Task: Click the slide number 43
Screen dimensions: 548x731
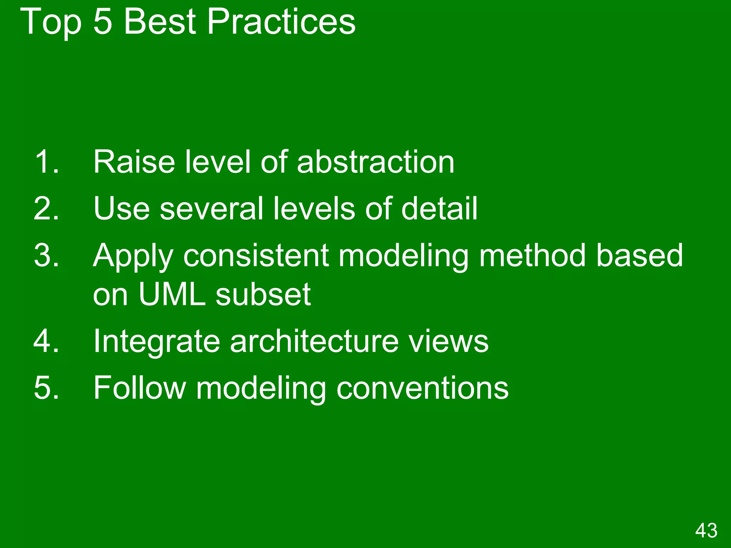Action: click(x=706, y=530)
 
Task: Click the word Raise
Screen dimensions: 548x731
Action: click(x=134, y=162)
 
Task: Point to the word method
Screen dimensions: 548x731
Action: click(x=532, y=255)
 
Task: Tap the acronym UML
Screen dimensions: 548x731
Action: click(x=172, y=295)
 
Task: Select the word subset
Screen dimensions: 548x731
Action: click(x=263, y=295)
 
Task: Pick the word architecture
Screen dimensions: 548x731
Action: click(x=314, y=341)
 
